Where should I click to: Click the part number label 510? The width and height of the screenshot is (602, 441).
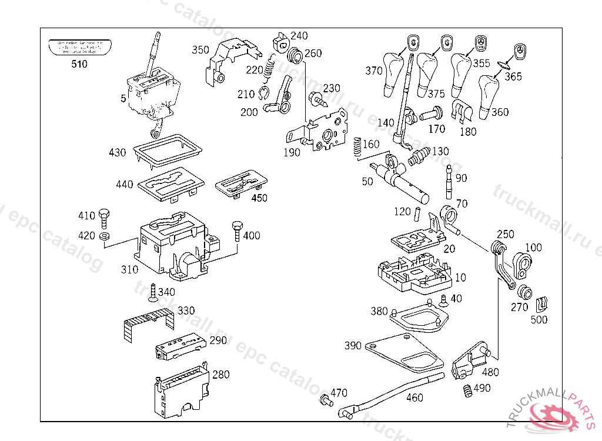tap(79, 64)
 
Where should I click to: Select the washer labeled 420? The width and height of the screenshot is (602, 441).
tap(104, 236)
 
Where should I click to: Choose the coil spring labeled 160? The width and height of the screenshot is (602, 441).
tap(357, 147)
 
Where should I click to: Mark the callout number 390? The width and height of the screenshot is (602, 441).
tap(353, 346)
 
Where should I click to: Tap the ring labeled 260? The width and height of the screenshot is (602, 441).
tap(296, 56)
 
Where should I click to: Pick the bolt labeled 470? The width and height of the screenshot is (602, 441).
tap(324, 400)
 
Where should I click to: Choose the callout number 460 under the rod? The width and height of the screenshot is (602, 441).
tap(414, 397)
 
